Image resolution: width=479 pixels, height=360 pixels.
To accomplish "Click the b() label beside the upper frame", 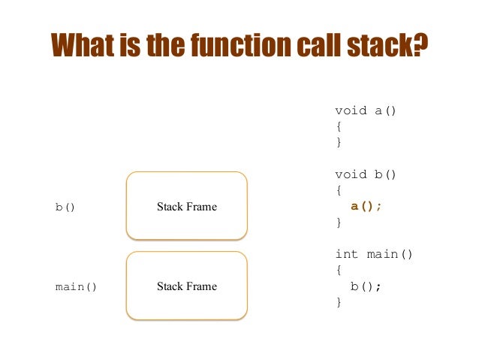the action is tap(65, 207).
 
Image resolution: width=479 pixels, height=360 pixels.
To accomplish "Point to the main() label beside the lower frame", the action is tap(76, 286).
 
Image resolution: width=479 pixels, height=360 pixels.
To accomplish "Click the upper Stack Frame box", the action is tap(186, 206).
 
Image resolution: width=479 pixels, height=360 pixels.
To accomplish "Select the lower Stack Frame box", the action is tap(186, 286).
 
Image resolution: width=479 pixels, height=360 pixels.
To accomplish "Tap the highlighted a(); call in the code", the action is tap(366, 207).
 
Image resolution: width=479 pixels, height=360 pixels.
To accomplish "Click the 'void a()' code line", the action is tap(366, 110).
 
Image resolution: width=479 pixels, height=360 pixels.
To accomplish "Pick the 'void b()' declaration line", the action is tap(366, 174).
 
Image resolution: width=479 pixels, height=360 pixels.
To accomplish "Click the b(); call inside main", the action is tap(366, 286).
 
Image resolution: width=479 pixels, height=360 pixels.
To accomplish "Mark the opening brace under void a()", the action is tap(339, 126).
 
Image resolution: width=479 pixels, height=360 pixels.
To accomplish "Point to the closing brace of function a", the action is tap(339, 142).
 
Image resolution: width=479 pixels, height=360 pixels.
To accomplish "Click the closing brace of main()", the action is tap(339, 302).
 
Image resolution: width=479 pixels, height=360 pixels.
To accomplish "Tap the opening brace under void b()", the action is tap(339, 190).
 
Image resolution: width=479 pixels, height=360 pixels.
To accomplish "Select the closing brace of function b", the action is tap(339, 222).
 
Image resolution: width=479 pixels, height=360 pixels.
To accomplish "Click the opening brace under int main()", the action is tap(339, 270).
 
